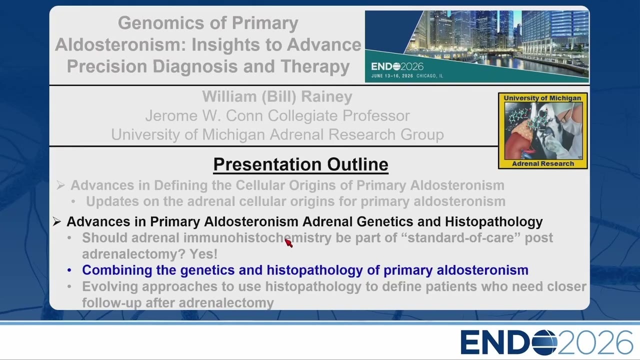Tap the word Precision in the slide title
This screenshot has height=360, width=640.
107,66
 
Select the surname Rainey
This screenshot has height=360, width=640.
326,96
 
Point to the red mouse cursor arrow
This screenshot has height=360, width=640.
288,243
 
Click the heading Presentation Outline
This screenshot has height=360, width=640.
300,164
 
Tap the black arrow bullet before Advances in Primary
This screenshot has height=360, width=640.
56,221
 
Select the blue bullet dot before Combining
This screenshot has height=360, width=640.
69,270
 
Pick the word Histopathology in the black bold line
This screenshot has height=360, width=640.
493,222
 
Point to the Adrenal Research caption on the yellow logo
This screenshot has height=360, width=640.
543,163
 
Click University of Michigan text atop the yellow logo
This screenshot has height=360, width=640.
542,98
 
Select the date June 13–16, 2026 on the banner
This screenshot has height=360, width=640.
392,76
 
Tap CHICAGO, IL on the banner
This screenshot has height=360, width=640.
429,76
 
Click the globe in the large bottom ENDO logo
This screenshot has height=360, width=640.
544,342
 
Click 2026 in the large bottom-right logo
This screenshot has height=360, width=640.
595,342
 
